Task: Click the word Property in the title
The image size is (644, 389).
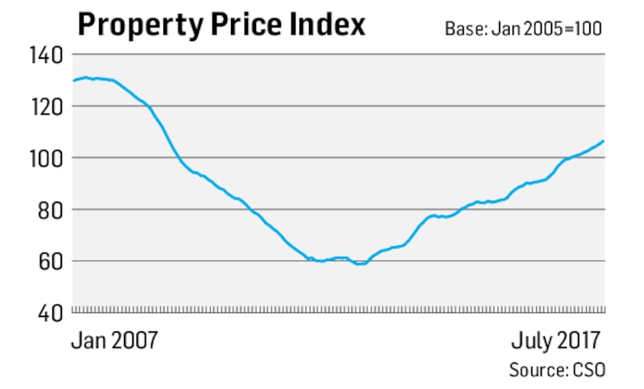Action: tap(140, 26)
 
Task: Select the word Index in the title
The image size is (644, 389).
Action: tap(328, 26)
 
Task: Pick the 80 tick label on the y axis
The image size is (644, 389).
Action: tap(50, 209)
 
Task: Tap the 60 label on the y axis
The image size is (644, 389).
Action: tap(50, 261)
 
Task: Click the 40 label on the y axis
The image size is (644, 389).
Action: tap(50, 312)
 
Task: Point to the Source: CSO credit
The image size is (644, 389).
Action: tap(556, 370)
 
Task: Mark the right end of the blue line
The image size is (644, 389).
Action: tap(604, 141)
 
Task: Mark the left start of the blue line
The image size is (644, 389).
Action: tap(73, 81)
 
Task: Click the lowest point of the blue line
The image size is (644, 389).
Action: tap(360, 263)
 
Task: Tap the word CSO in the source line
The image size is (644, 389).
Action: tap(587, 370)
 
